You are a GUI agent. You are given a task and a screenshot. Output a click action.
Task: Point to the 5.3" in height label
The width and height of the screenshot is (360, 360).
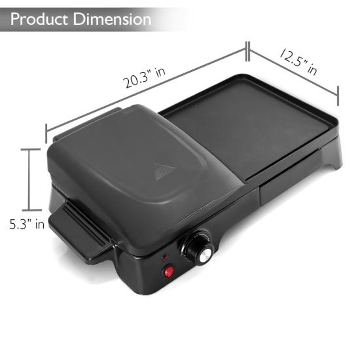(27, 225)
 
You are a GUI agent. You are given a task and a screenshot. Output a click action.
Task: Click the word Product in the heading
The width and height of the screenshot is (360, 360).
(41, 18)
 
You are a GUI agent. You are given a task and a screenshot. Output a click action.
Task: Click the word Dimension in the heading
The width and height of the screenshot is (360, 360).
(111, 18)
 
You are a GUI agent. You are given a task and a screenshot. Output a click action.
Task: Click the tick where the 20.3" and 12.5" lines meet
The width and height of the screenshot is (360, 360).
(247, 49)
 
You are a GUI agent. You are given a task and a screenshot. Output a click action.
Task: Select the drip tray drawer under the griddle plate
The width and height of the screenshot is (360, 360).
(288, 181)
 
